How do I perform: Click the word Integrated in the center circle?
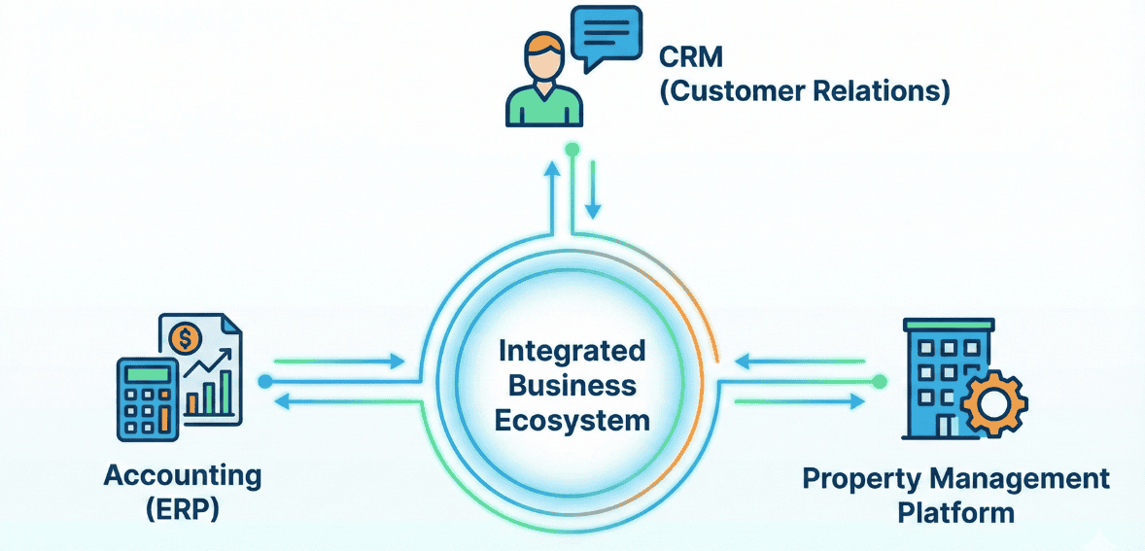572,350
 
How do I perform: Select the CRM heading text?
691,56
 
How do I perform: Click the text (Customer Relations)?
805,92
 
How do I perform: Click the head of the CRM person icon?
544,56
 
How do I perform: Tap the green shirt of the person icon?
544,105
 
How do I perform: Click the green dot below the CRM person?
572,150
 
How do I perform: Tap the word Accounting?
183,476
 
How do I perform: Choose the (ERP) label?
183,509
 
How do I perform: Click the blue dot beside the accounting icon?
264,382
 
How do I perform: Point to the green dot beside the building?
880,382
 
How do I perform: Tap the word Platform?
956,511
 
